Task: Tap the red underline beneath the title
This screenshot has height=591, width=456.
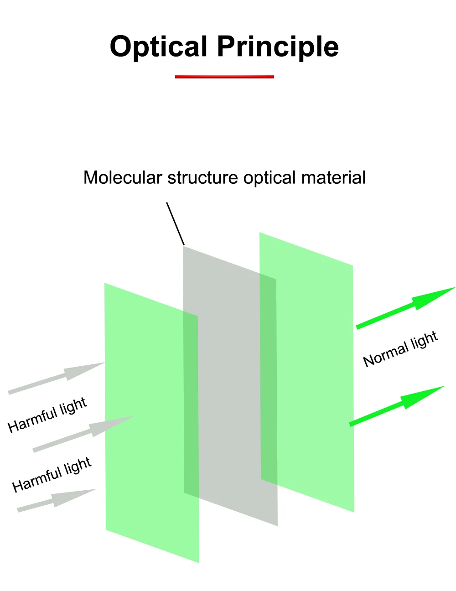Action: (x=224, y=77)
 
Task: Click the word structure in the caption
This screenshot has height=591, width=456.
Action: (x=203, y=178)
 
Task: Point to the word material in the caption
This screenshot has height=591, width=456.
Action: (x=333, y=177)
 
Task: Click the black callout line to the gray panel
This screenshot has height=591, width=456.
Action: (x=176, y=223)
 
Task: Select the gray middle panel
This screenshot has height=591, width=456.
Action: (x=230, y=386)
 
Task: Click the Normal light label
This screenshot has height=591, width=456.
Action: (x=400, y=349)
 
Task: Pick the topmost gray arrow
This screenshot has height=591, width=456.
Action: (x=56, y=378)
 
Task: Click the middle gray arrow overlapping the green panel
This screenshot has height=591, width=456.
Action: (x=83, y=434)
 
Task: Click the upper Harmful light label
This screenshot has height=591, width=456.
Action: (x=47, y=415)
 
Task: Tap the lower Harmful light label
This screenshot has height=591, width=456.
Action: (x=52, y=475)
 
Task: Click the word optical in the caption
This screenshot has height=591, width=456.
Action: (x=269, y=178)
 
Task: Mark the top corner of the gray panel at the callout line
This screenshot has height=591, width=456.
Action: (x=183, y=246)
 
